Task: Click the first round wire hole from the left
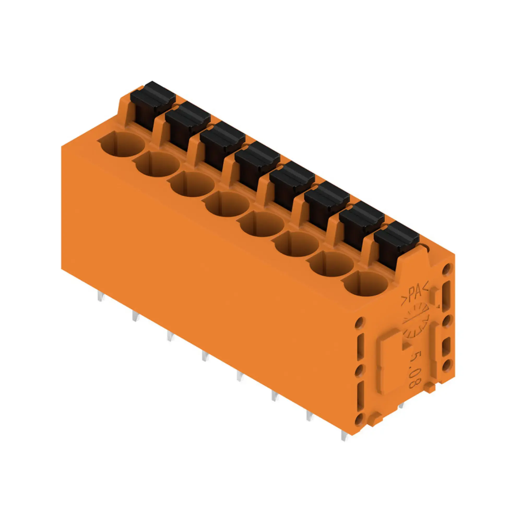tap(122, 144)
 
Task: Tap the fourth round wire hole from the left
tap(227, 205)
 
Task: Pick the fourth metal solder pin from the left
tap(205, 357)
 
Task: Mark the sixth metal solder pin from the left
tap(275, 397)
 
